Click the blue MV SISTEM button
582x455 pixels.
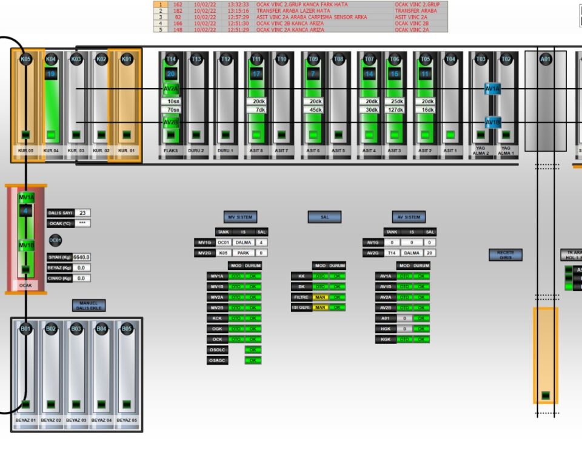point(240,217)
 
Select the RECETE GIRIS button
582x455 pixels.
point(506,255)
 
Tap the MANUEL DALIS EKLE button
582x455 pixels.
point(89,305)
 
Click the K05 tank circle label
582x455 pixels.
point(25,59)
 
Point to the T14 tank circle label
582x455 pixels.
point(171,59)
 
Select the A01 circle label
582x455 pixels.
point(546,59)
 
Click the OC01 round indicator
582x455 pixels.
point(55,240)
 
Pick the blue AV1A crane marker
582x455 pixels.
point(493,89)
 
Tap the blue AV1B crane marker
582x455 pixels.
point(493,122)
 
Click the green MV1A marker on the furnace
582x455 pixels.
point(26,198)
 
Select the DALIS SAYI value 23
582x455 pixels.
point(83,213)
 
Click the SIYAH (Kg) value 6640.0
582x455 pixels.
point(82,257)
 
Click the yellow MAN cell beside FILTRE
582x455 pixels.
point(320,297)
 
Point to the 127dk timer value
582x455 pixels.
point(395,110)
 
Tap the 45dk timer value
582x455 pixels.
point(315,110)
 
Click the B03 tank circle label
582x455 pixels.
point(76,329)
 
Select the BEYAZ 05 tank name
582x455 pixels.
point(126,420)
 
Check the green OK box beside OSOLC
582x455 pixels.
point(253,349)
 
